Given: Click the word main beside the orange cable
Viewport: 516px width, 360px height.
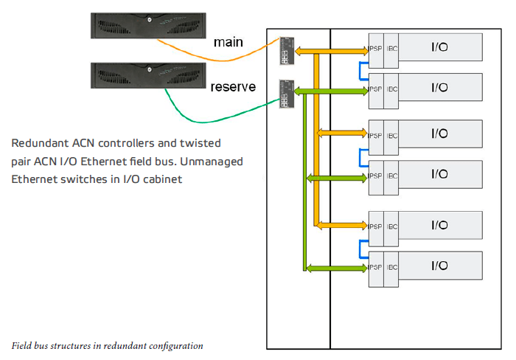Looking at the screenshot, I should [x=229, y=42].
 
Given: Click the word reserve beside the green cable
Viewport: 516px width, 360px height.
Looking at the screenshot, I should [x=233, y=87].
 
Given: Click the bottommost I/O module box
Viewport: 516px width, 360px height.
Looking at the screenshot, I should [x=439, y=266].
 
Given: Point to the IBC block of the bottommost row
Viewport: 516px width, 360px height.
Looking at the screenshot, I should [x=392, y=266].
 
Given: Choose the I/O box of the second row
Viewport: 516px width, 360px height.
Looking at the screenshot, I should [x=439, y=88].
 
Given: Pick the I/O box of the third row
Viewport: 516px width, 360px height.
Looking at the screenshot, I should [x=439, y=134].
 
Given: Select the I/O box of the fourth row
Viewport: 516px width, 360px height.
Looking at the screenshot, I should [x=439, y=174].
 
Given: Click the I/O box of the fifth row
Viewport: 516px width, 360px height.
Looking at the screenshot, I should [x=439, y=225].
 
